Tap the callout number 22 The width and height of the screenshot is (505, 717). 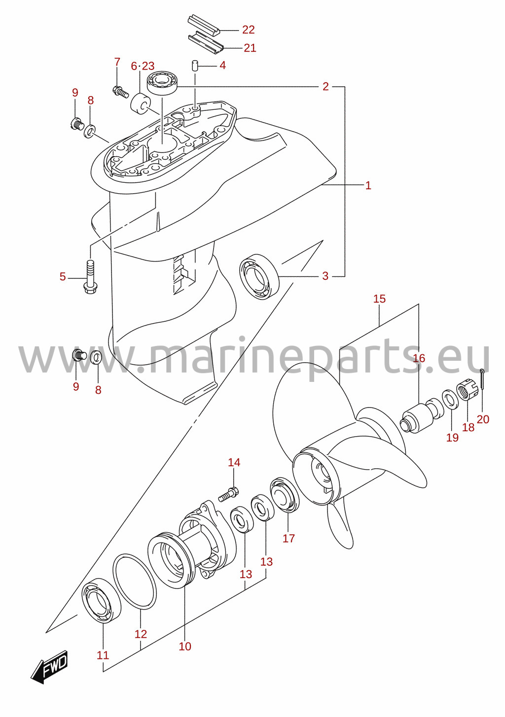pos(249,30)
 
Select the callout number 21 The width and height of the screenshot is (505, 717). pos(250,48)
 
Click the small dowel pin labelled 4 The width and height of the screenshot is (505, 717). pos(195,65)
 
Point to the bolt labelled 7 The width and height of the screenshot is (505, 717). pos(120,92)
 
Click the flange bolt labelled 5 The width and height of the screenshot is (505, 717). pos(90,277)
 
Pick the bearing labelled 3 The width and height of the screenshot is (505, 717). pos(259,276)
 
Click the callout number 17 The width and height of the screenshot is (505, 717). pos(289,539)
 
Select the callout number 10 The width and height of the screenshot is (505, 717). pos(185,646)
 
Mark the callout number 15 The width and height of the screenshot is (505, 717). pos(379,299)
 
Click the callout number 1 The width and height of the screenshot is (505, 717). pos(368,185)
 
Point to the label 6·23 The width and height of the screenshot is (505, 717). pos(143,66)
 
